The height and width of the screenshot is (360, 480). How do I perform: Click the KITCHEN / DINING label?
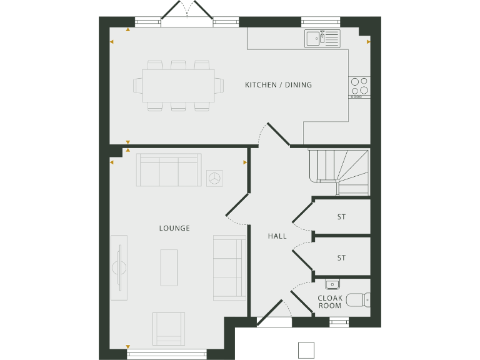tap(278, 85)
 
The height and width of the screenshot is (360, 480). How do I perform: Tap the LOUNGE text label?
tap(174, 228)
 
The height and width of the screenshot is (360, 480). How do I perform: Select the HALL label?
tap(277, 236)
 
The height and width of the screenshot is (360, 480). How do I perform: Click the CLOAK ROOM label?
tap(329, 302)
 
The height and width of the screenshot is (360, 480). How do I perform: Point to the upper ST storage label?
tap(341, 217)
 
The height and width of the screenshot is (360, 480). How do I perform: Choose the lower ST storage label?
tap(341, 257)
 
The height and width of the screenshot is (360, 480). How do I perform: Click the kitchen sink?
tap(322, 39)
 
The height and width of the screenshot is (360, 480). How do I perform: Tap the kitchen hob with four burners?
tap(359, 87)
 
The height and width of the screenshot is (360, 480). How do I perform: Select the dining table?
tap(178, 85)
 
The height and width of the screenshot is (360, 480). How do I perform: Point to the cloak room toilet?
tap(358, 301)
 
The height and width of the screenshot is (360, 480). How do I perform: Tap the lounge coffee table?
tap(169, 267)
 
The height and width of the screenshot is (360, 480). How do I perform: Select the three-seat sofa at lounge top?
tap(169, 170)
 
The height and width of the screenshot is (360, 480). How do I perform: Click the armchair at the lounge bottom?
tap(169, 328)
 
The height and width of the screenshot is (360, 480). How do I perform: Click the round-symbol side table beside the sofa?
tap(215, 177)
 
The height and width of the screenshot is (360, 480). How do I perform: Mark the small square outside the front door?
tap(306, 349)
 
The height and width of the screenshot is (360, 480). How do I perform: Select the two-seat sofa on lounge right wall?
tap(229, 267)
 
